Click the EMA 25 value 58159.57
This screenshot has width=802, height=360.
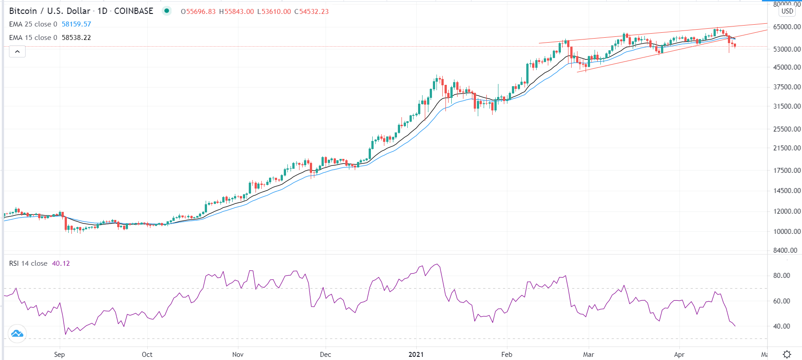(76, 24)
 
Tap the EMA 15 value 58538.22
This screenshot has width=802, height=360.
(76, 38)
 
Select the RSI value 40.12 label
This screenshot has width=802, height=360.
(61, 263)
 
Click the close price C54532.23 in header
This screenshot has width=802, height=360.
(311, 12)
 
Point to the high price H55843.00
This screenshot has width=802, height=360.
(236, 12)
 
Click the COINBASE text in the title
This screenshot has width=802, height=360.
(133, 11)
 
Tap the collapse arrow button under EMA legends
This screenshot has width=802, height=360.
(17, 52)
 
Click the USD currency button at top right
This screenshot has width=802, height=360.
(787, 11)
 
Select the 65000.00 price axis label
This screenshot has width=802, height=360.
(787, 27)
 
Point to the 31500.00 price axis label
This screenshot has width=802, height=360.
(787, 106)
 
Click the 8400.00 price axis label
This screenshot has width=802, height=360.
(785, 250)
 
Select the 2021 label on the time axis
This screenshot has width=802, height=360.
(416, 355)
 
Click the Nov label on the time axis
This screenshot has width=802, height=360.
(238, 355)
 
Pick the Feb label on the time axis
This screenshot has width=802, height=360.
(507, 355)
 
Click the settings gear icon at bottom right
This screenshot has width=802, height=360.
(787, 355)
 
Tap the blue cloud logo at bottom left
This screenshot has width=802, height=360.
(17, 334)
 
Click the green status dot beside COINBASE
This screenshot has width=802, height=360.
(167, 11)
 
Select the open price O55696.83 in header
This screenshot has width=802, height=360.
(198, 12)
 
